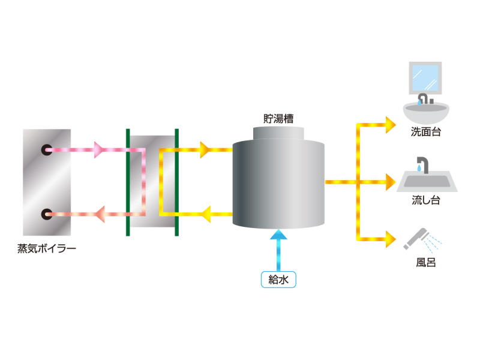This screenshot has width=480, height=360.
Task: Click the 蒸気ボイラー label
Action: click(x=47, y=248)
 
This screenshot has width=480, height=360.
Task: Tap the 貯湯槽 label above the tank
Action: click(x=278, y=118)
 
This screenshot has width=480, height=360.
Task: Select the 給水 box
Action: click(x=278, y=280)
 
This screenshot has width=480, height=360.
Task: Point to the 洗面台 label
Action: click(x=426, y=132)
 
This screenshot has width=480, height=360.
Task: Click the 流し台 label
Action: click(x=426, y=200)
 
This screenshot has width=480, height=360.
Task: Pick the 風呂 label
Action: click(x=426, y=263)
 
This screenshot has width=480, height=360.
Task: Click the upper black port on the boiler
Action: click(x=47, y=149)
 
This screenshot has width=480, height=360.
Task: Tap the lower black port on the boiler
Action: click(x=47, y=214)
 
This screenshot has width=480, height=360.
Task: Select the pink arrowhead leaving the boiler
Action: click(x=99, y=149)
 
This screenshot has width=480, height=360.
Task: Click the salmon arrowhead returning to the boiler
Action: click(x=100, y=214)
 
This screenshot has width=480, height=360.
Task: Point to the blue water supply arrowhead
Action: click(x=278, y=235)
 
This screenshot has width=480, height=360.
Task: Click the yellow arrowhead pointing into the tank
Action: click(x=205, y=149)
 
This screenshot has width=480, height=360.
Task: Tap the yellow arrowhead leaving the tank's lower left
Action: click(x=206, y=214)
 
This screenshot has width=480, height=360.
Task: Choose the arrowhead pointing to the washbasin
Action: click(x=391, y=125)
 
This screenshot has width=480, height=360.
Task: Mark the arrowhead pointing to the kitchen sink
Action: click(x=391, y=182)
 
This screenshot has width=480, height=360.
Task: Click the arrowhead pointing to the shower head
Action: click(x=391, y=239)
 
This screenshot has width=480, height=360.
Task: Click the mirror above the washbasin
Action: click(x=425, y=78)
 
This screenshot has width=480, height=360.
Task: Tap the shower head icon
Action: click(x=417, y=238)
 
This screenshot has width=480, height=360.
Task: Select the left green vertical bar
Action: click(x=128, y=182)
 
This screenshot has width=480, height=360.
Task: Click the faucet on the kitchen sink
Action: click(x=423, y=164)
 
